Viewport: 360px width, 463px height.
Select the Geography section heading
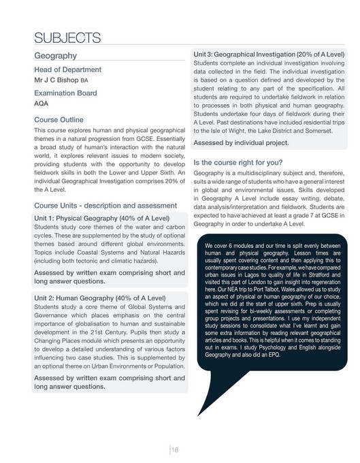click(55, 55)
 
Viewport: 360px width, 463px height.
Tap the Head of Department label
click(67, 69)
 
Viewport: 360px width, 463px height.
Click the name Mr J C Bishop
click(56, 80)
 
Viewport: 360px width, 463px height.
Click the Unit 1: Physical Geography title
click(101, 218)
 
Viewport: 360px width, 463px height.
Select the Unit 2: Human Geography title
click(100, 298)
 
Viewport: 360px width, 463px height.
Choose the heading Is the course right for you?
click(238, 163)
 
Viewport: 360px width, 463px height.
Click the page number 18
click(175, 449)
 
